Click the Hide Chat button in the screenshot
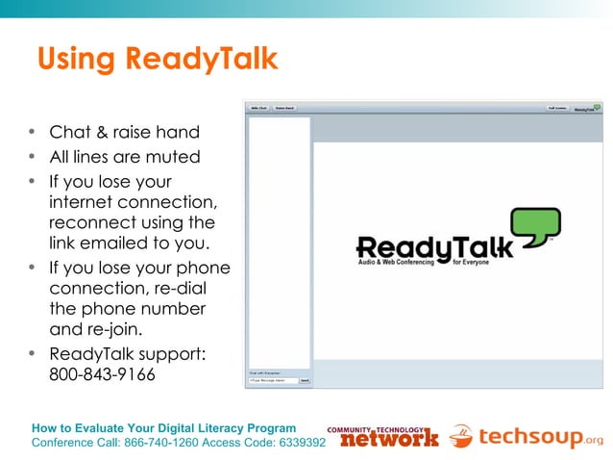(259, 109)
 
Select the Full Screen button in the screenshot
(557, 109)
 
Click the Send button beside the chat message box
(305, 380)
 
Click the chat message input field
(273, 380)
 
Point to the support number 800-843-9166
(102, 374)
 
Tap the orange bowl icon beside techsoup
(461, 436)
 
